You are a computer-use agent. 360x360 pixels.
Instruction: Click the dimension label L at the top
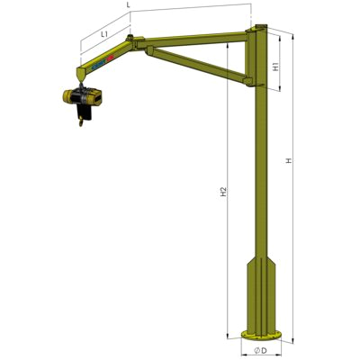tap(129, 5)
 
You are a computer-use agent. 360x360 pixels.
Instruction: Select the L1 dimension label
tap(104, 33)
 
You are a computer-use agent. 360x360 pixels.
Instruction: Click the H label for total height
tap(288, 161)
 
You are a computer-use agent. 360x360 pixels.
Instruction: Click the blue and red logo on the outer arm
tap(101, 63)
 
